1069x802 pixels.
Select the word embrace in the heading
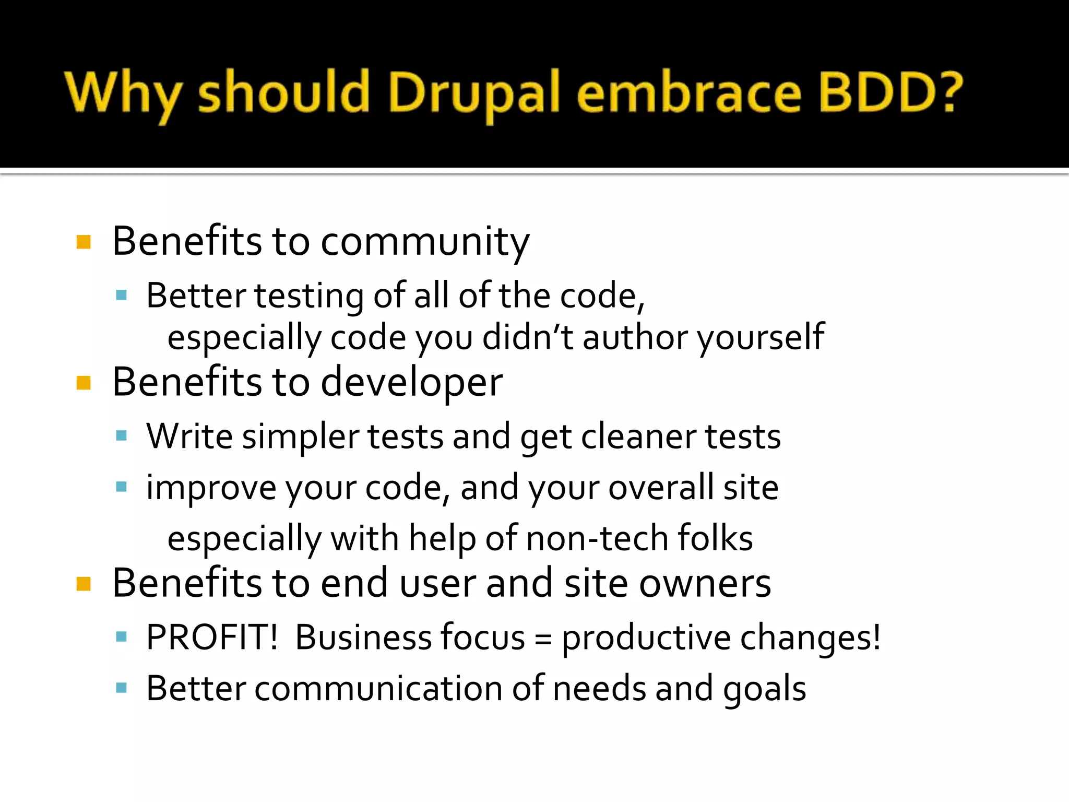coord(689,93)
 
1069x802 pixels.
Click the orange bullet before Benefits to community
coord(84,242)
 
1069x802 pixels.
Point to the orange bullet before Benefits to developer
coord(84,383)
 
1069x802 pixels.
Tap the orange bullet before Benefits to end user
coord(84,584)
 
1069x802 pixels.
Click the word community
coord(425,243)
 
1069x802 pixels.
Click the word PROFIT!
coord(212,638)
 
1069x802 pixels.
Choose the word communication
coord(378,689)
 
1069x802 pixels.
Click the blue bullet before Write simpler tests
coord(122,435)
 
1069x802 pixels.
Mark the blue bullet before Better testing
coord(122,296)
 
